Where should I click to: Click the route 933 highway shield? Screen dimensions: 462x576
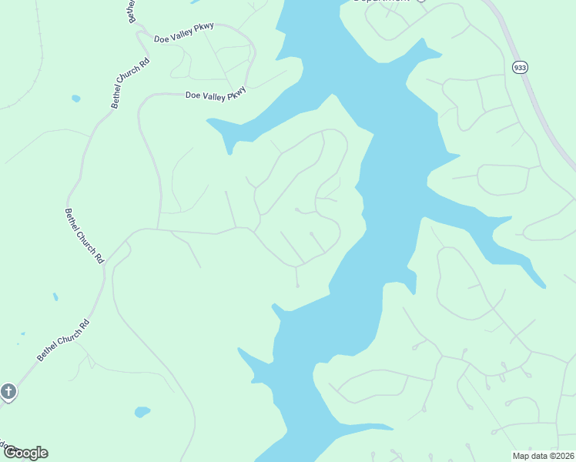[520, 68]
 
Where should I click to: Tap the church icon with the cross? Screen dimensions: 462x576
[8, 392]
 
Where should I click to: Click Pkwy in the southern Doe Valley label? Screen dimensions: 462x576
[237, 92]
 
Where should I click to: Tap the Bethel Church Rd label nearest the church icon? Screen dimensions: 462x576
[63, 340]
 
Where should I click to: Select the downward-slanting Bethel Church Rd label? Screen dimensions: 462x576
[84, 236]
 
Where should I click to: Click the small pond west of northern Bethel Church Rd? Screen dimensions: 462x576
[75, 99]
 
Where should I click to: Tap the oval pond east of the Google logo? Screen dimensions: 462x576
[142, 412]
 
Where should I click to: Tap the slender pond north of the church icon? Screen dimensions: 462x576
[55, 296]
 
